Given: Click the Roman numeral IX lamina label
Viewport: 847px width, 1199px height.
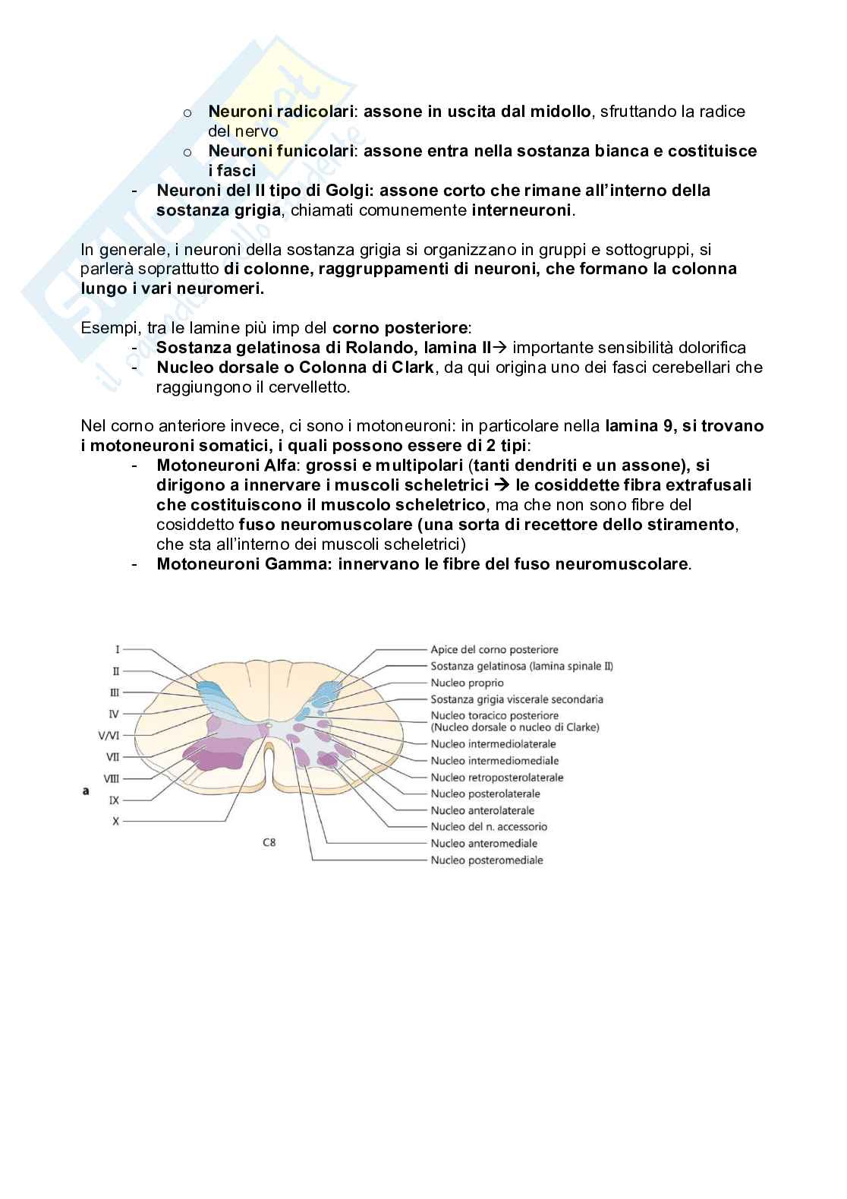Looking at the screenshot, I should (x=115, y=800).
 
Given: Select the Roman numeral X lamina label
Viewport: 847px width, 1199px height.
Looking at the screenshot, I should (x=115, y=821).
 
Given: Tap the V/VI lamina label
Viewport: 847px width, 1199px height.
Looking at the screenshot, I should (x=109, y=735).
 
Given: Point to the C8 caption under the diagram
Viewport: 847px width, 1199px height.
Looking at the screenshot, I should (x=269, y=842).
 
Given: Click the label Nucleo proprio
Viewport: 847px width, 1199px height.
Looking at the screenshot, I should (x=467, y=683).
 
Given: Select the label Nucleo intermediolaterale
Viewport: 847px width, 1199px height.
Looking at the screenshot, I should (x=493, y=744).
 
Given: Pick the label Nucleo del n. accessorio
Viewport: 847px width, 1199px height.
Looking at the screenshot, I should (x=489, y=826).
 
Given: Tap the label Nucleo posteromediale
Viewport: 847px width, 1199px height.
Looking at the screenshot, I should (x=486, y=860).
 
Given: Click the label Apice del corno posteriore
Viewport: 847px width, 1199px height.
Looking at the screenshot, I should (x=494, y=650).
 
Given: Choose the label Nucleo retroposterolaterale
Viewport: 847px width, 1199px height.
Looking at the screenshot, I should (x=497, y=778).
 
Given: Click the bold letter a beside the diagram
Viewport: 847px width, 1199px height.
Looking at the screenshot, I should (x=86, y=790).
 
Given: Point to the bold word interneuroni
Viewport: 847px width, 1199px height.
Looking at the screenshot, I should (x=521, y=210).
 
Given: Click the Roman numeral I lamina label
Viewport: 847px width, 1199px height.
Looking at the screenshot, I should (x=118, y=649).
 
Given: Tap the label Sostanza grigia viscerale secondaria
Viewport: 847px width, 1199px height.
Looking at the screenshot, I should (x=517, y=699).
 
